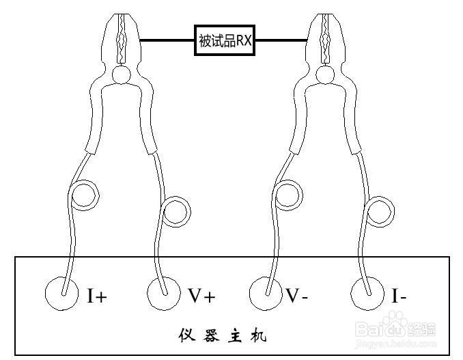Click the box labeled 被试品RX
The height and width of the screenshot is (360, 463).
(225, 40)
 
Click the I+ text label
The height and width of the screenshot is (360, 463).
(97, 296)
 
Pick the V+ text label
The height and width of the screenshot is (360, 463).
(201, 296)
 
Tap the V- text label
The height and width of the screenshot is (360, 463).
(296, 296)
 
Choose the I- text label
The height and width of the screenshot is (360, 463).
(399, 296)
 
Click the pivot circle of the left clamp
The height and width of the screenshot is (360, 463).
(122, 75)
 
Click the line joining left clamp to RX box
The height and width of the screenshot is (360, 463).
(167, 40)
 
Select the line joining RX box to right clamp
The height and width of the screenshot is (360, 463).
(280, 40)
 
